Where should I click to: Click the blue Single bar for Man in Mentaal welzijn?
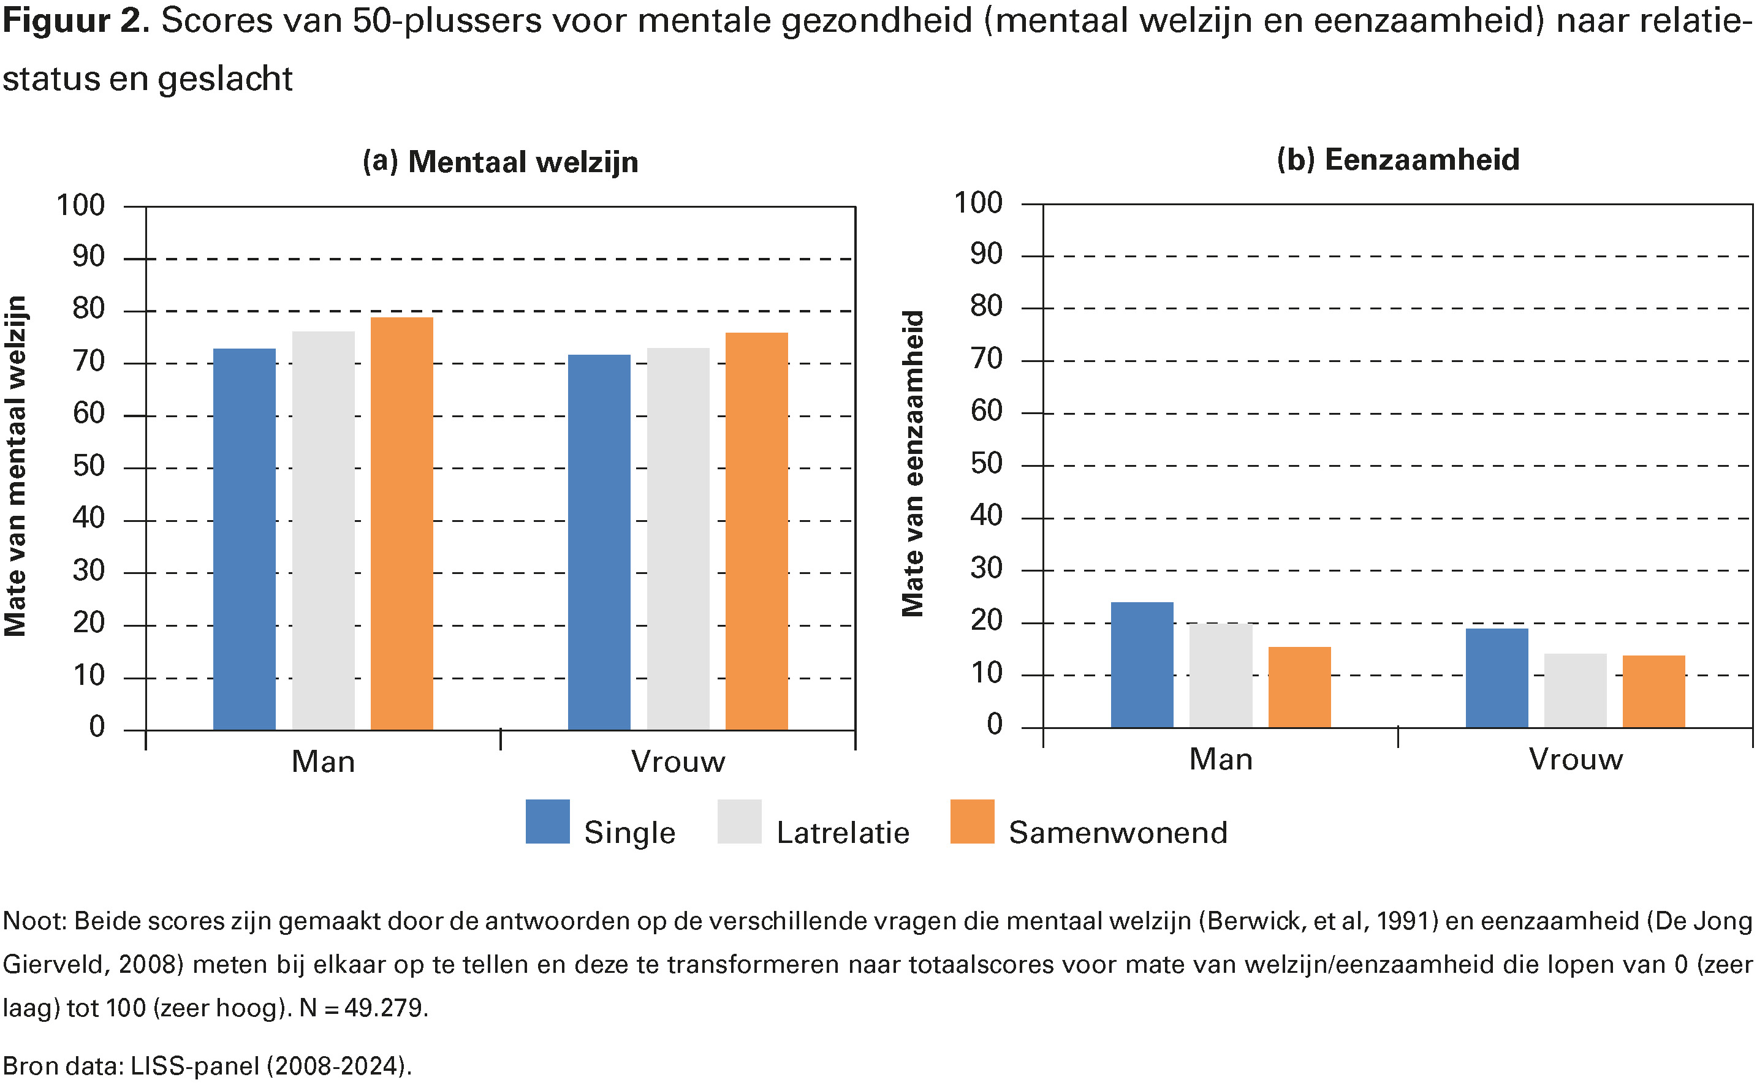[244, 539]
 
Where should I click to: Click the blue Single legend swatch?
[547, 821]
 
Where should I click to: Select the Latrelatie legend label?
[842, 833]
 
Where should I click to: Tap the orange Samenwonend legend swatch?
[972, 821]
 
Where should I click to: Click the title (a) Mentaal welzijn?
[500, 162]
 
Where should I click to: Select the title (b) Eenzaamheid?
[1397, 160]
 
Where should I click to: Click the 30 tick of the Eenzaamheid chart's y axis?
[985, 569]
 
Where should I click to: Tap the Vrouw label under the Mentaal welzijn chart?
[677, 761]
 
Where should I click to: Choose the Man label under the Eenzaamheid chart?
[1220, 759]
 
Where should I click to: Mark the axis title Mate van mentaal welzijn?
[16, 466]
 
